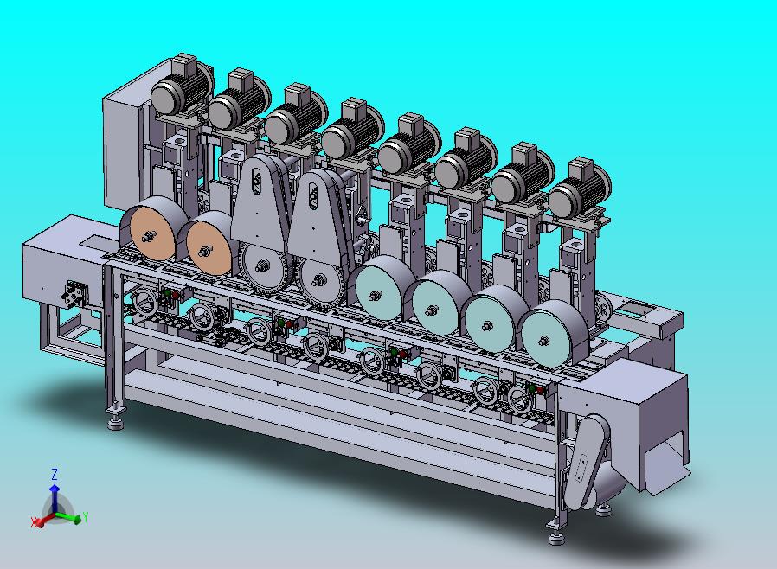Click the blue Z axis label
click(55, 474)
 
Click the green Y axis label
click(86, 517)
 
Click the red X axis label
click(35, 522)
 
